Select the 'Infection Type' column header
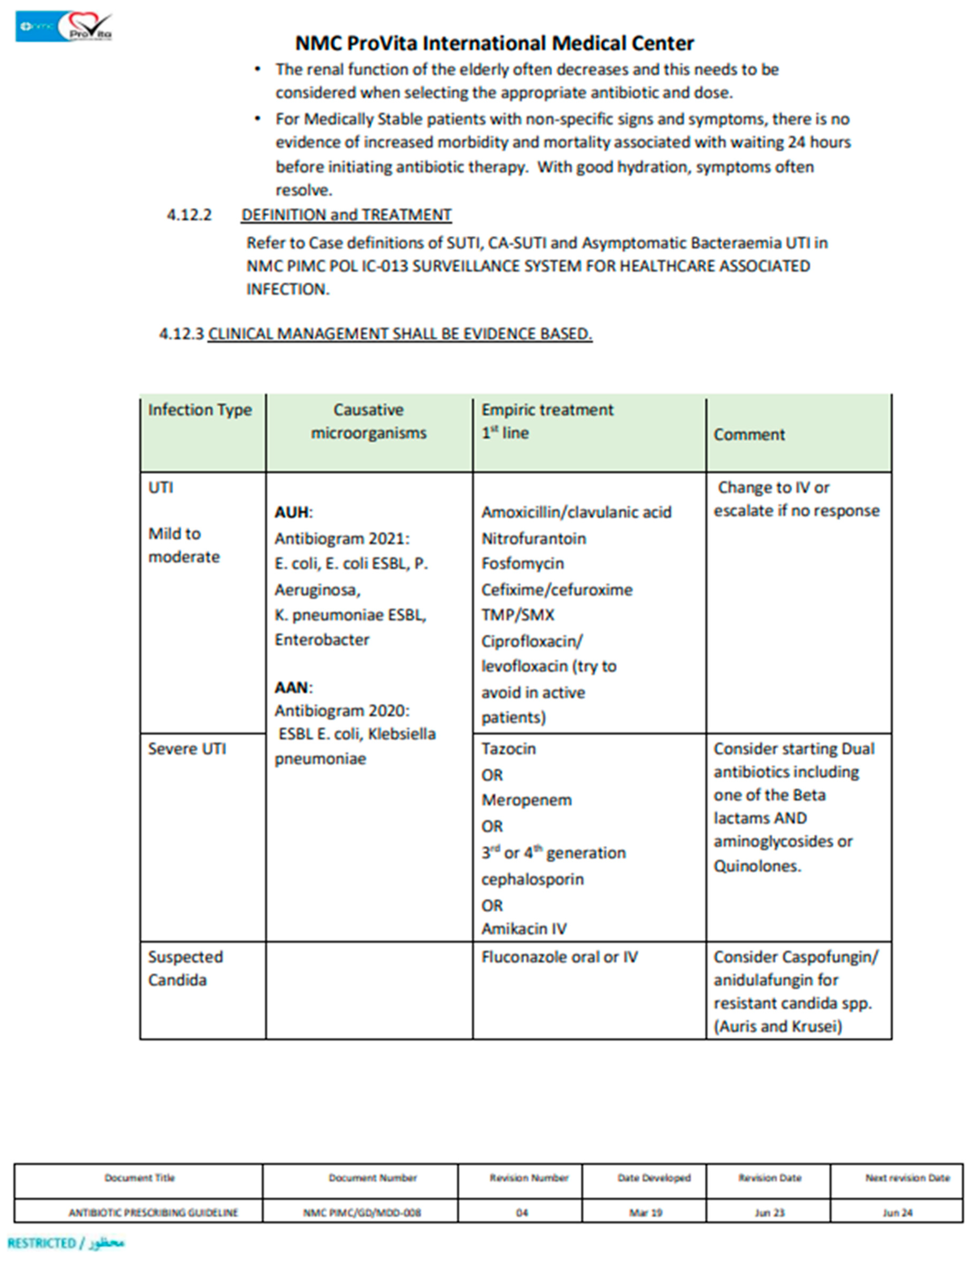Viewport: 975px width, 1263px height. coord(200,410)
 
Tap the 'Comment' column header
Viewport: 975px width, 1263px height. coord(749,434)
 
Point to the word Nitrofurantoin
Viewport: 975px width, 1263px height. coord(533,538)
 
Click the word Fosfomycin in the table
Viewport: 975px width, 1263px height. coord(523,563)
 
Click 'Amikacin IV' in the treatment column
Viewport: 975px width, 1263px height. coord(524,929)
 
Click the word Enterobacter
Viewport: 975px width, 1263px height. coord(322,639)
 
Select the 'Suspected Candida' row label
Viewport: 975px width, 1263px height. coord(185,969)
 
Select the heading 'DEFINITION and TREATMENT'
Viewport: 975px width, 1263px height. coord(346,215)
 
